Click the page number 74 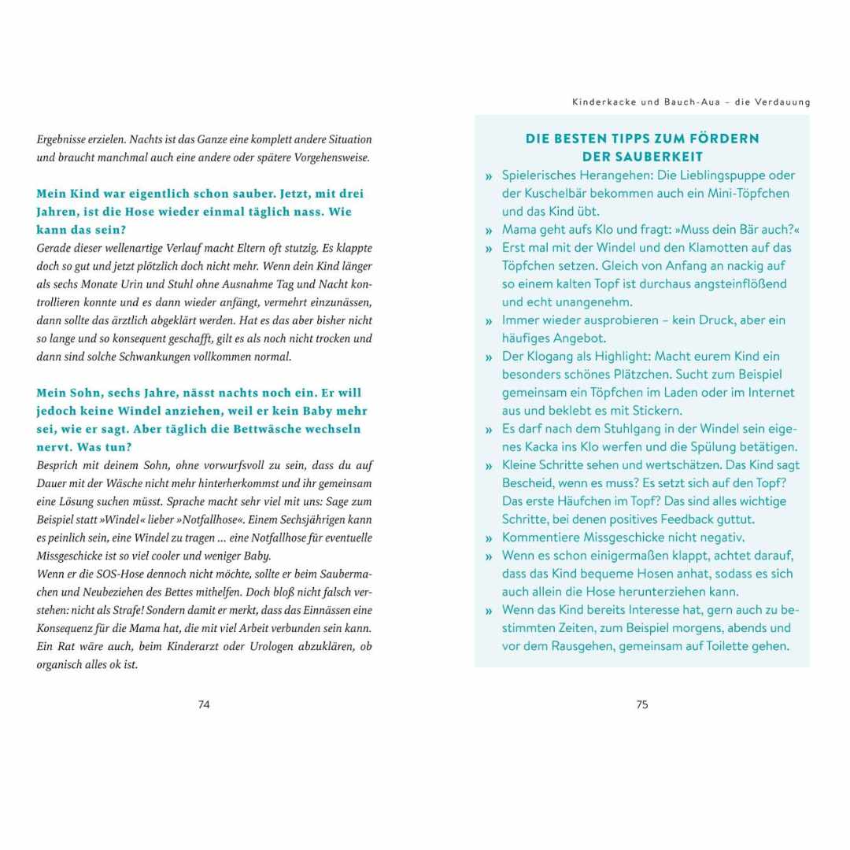pyautogui.click(x=204, y=704)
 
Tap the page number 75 pyautogui.click(x=642, y=704)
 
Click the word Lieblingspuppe pyautogui.click(x=700, y=175)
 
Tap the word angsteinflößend pyautogui.click(x=710, y=283)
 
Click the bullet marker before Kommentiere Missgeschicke pyautogui.click(x=489, y=538)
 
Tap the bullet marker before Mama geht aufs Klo pyautogui.click(x=489, y=231)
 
